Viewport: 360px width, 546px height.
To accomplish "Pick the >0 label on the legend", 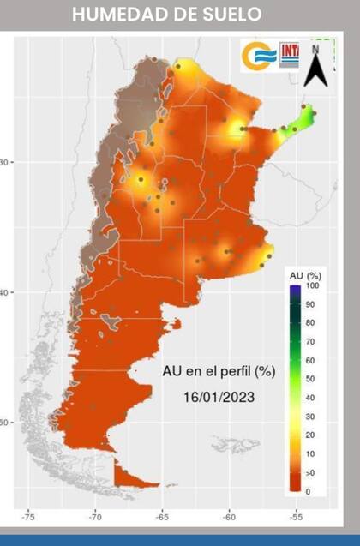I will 310,472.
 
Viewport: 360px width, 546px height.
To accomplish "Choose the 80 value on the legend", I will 309,323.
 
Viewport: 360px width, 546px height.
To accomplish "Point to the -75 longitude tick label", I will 27,517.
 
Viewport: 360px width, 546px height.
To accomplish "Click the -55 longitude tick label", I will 297,517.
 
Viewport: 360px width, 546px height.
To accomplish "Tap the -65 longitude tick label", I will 162,517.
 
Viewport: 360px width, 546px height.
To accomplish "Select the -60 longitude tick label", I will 230,517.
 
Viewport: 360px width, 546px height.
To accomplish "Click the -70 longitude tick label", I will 94,517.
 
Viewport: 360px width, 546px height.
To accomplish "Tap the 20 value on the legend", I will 309,435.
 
